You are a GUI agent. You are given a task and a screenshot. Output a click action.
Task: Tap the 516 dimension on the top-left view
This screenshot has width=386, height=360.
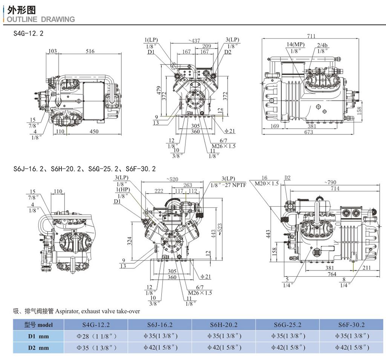coord(90,51)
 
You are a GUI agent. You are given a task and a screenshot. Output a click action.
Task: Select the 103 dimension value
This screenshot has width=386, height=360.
coord(53,51)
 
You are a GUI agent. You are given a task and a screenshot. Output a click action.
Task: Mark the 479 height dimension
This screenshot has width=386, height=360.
coord(159,90)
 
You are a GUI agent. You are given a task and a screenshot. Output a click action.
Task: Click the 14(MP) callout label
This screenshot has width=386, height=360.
coord(296,44)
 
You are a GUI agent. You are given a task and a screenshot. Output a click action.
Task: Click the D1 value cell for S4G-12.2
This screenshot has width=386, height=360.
coord(96,336)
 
